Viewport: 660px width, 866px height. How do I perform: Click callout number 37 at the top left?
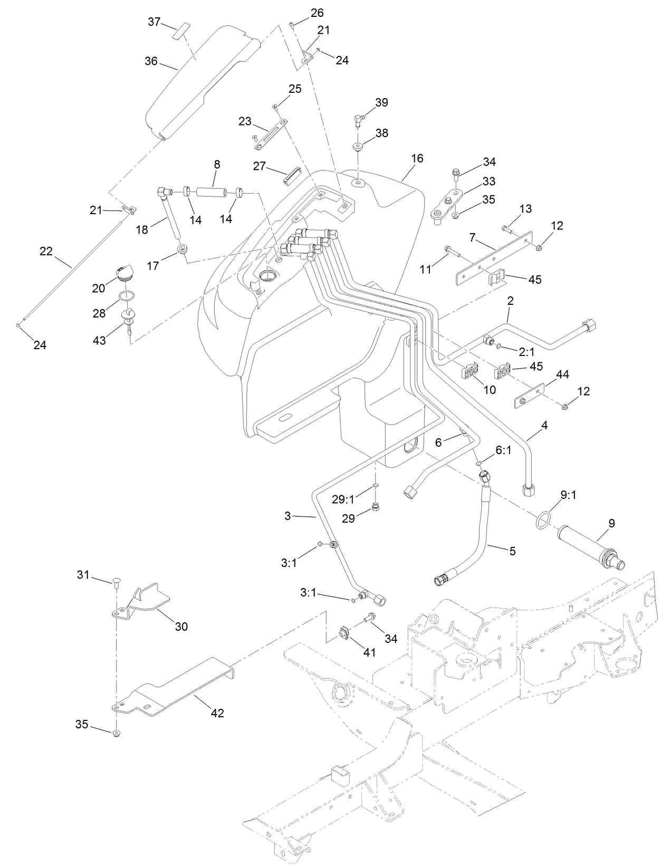tap(154, 21)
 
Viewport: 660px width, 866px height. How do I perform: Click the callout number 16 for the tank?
tap(417, 158)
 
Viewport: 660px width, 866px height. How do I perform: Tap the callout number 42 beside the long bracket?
tap(217, 713)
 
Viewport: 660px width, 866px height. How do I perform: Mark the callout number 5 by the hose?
tap(512, 551)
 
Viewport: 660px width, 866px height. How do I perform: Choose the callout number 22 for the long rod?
tap(46, 252)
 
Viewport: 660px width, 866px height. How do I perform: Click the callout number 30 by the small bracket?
tap(181, 627)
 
